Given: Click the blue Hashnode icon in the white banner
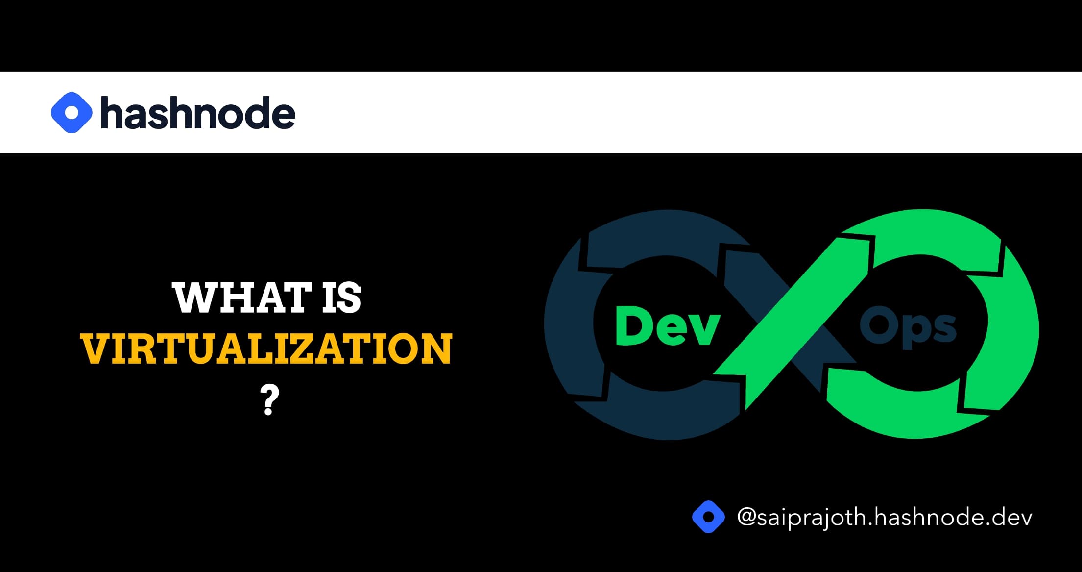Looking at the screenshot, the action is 72,112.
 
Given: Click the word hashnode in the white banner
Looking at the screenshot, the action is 198,113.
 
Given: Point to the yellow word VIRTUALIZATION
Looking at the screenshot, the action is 266,348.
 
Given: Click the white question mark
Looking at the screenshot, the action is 269,400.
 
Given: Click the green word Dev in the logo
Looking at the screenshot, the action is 668,325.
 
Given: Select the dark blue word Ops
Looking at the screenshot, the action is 908,327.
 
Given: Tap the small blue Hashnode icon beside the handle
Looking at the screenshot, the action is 708,517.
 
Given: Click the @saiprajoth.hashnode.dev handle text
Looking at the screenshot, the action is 885,518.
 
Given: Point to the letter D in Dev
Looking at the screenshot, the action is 635,325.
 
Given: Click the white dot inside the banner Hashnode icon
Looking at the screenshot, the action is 72,112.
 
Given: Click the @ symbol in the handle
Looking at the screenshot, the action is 746,518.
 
